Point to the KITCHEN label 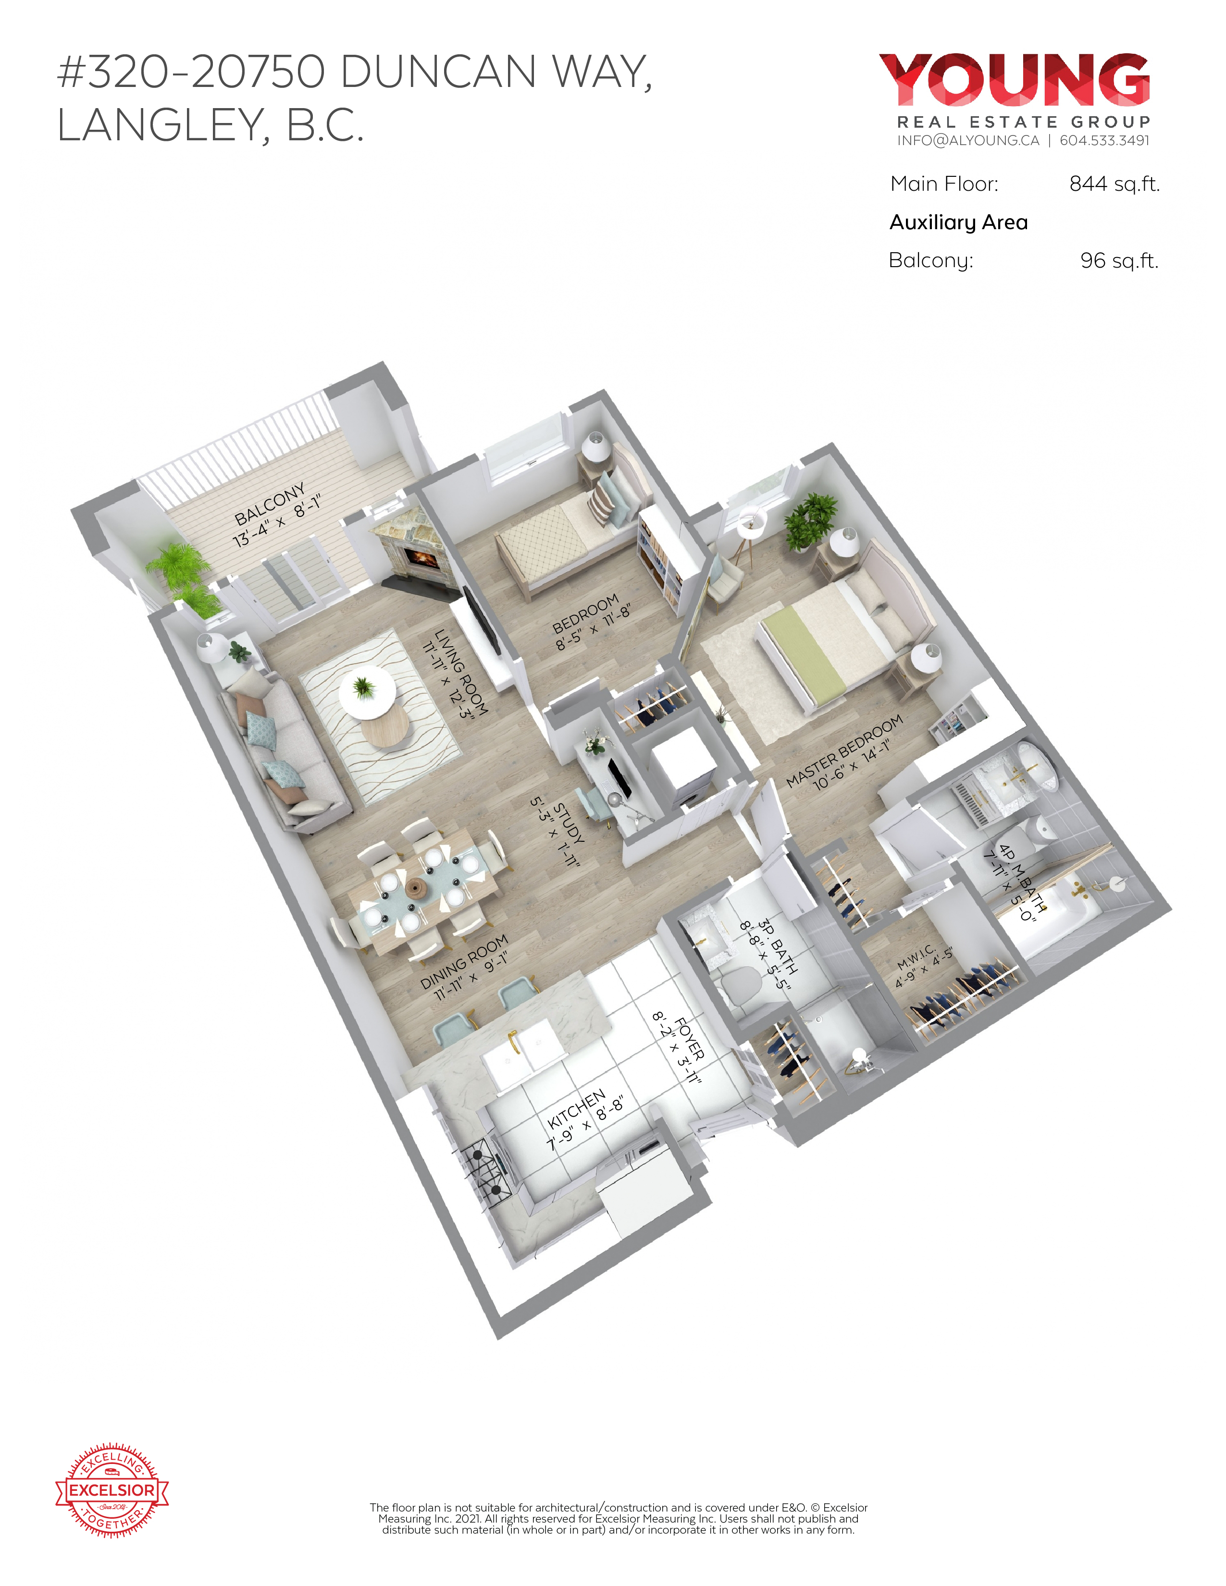pyautogui.click(x=576, y=1109)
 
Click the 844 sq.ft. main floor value pyautogui.click(x=1114, y=184)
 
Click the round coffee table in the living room pyautogui.click(x=385, y=725)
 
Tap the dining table pyautogui.click(x=425, y=890)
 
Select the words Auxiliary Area pyautogui.click(x=959, y=222)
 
